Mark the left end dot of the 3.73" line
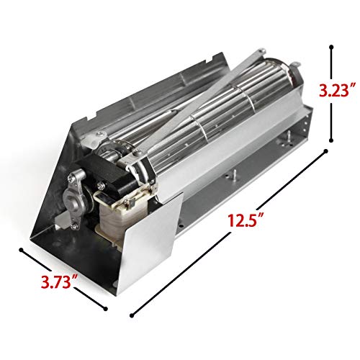click(22, 251)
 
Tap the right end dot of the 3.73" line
click(107, 309)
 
